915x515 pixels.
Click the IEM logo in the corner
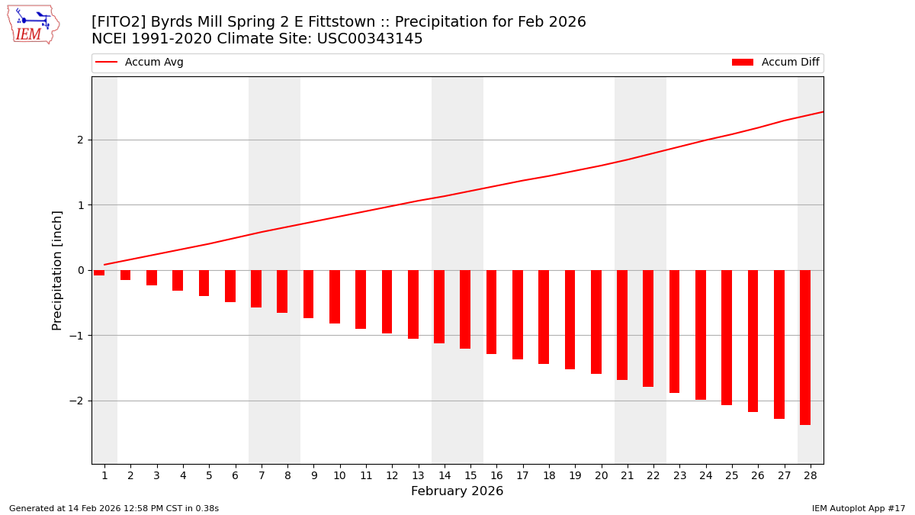tap(34, 24)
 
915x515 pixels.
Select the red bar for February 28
tap(805, 347)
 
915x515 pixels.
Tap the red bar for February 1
tap(99, 273)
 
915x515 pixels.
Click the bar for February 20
tap(596, 322)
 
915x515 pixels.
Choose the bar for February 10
tap(335, 297)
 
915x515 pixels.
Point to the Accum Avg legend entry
tap(140, 63)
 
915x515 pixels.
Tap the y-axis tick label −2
tap(79, 401)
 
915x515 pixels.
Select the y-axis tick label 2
tap(81, 140)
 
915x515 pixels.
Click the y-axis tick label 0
tap(81, 270)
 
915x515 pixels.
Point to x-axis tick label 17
tap(522, 475)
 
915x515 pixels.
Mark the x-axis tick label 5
tap(209, 475)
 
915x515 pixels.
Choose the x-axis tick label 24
tap(705, 475)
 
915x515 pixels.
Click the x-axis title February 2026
tap(457, 491)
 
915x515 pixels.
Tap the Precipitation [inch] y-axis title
tap(57, 270)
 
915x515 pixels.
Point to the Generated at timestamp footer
tap(114, 508)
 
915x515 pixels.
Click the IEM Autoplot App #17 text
tap(859, 508)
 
